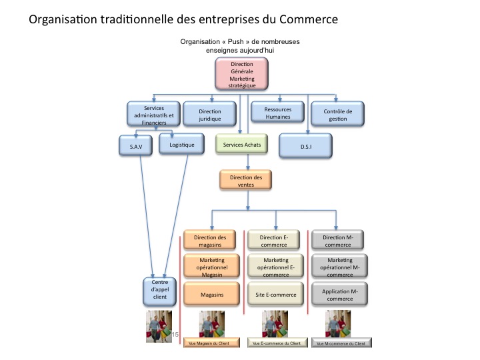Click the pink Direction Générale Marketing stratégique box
pos(241,74)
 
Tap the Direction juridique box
pos(210,114)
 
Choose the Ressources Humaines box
pos(277,114)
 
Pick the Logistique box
pos(182,145)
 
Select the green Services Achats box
pos(242,145)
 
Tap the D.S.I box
pos(306,145)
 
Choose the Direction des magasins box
pos(210,241)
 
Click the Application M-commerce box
pos(340,294)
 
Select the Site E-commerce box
pos(275,294)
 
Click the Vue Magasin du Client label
pos(210,343)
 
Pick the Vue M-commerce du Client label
pos(341,343)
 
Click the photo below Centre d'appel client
pos(159,326)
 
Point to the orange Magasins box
pos(210,294)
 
